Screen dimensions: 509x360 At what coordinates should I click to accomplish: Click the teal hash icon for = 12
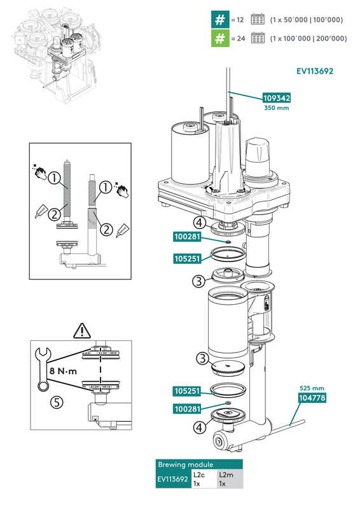pyautogui.click(x=219, y=20)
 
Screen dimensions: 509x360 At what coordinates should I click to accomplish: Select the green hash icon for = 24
pyautogui.click(x=219, y=38)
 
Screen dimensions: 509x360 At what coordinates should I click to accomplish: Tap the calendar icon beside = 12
pyautogui.click(x=258, y=20)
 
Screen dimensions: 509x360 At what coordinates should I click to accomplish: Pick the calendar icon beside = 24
pyautogui.click(x=258, y=38)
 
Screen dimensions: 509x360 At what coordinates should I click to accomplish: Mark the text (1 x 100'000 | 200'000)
pyautogui.click(x=308, y=39)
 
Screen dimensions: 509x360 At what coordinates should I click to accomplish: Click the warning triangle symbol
pyautogui.click(x=82, y=330)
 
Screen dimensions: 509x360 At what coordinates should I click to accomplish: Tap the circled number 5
pyautogui.click(x=57, y=401)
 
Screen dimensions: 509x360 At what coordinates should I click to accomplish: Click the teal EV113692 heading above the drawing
pyautogui.click(x=315, y=71)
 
